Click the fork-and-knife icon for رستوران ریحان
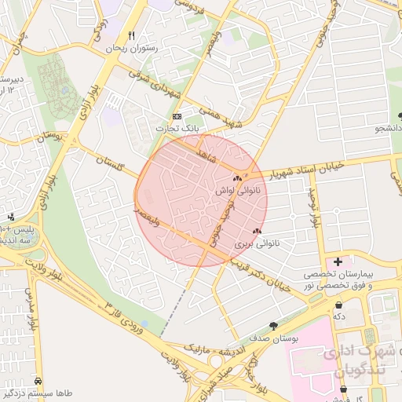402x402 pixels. click(131, 35)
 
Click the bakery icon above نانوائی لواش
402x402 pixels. click(237, 179)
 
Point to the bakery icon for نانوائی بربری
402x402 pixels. click(257, 232)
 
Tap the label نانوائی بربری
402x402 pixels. click(257, 244)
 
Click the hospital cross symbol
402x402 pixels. click(338, 261)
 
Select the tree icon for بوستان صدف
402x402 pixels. click(272, 325)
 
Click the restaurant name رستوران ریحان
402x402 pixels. click(131, 48)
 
